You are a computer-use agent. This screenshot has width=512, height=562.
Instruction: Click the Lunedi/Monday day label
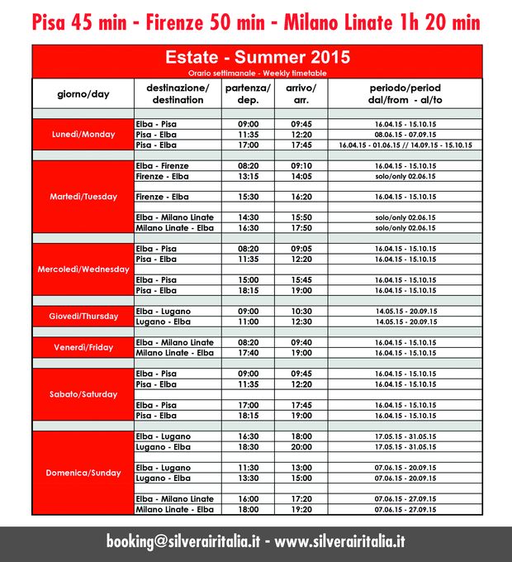tap(83, 134)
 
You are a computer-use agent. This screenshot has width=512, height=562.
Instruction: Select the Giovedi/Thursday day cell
tap(83, 316)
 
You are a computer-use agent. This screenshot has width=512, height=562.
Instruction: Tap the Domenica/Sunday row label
tap(83, 473)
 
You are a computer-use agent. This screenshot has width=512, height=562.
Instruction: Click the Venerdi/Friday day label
tap(83, 348)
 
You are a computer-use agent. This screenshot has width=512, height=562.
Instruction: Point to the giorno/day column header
tap(83, 93)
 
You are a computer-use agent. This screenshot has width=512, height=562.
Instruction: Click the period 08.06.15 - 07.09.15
tap(405, 134)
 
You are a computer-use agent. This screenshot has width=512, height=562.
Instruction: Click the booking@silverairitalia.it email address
tap(183, 542)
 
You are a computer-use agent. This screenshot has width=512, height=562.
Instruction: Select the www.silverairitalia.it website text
tap(340, 542)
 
